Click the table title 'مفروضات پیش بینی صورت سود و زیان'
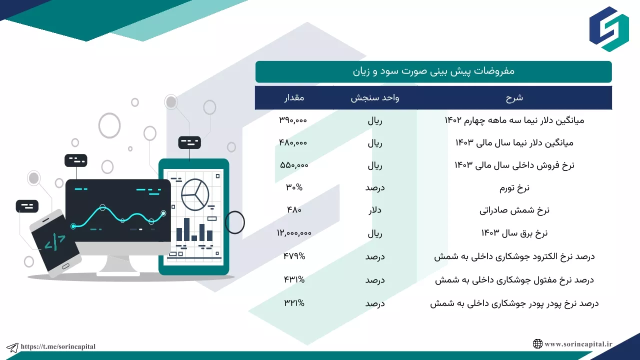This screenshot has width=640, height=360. (x=433, y=71)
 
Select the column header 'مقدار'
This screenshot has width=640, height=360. (x=294, y=97)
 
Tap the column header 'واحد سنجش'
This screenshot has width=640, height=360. (x=375, y=97)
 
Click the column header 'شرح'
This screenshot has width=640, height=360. (x=514, y=97)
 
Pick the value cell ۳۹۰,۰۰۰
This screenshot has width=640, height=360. (x=293, y=120)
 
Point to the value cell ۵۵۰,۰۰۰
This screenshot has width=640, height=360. (x=294, y=165)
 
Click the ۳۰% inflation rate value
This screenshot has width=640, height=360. (x=294, y=187)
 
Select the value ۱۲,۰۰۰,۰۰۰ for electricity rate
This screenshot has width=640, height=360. (x=294, y=233)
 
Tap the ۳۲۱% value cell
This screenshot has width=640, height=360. (x=294, y=303)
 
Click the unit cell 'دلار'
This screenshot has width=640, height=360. (x=375, y=210)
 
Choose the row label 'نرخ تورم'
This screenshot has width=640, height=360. (x=514, y=187)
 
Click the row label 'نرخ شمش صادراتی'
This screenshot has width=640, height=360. (x=514, y=210)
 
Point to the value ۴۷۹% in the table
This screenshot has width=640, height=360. (x=294, y=256)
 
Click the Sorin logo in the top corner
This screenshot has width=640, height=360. (x=609, y=29)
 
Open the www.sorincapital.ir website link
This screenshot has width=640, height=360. (x=578, y=344)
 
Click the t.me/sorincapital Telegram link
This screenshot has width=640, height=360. (x=58, y=346)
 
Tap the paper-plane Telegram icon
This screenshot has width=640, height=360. (x=12, y=347)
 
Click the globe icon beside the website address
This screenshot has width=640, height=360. (x=537, y=343)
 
